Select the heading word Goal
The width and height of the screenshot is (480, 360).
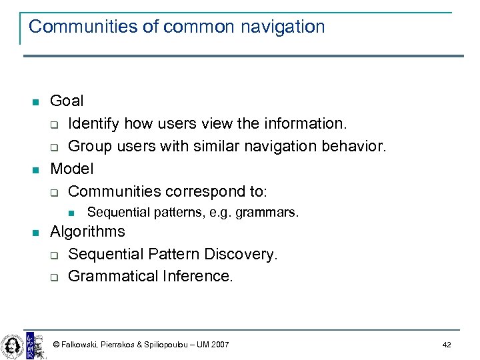[67, 101]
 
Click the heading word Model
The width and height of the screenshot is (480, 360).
[72, 169]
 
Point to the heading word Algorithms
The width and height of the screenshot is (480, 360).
[87, 231]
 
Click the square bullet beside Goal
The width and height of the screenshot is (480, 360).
[36, 102]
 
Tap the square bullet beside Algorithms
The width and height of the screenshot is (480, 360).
[36, 233]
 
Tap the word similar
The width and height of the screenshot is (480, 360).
[193, 146]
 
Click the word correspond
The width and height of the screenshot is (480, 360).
[203, 191]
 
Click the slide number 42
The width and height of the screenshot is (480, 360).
[447, 345]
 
